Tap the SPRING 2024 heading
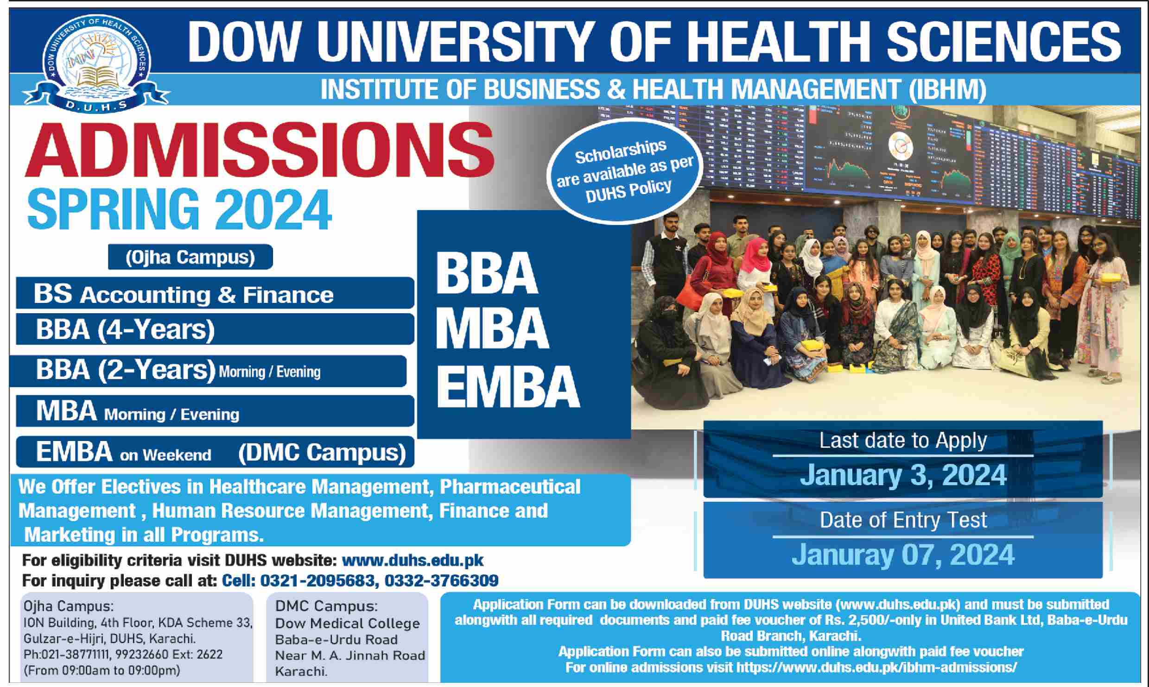[179, 208]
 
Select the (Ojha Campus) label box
[190, 257]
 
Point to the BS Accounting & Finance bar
[215, 293]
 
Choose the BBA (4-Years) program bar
[215, 329]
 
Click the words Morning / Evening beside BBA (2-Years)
[269, 372]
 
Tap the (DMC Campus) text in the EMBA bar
[322, 452]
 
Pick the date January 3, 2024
[903, 475]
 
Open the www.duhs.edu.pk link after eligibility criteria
[413, 560]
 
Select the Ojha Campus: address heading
[69, 606]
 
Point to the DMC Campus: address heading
[326, 606]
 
